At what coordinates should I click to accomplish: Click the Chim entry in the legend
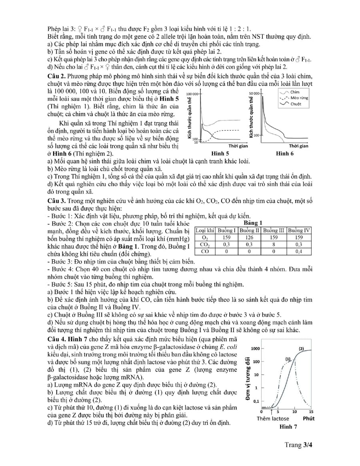[295, 92]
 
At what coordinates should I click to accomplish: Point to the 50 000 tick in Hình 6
[254, 93]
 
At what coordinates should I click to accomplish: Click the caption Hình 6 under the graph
[285, 153]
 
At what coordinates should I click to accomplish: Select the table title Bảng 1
[252, 223]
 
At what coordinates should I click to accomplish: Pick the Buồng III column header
[274, 230]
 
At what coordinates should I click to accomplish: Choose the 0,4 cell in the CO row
[298, 251]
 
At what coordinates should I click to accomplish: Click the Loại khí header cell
[205, 230]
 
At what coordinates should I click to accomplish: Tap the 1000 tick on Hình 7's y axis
[255, 349]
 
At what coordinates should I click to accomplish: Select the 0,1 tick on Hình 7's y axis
[256, 401]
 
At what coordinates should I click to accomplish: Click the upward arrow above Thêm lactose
[272, 411]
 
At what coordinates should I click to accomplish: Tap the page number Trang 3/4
[298, 444]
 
